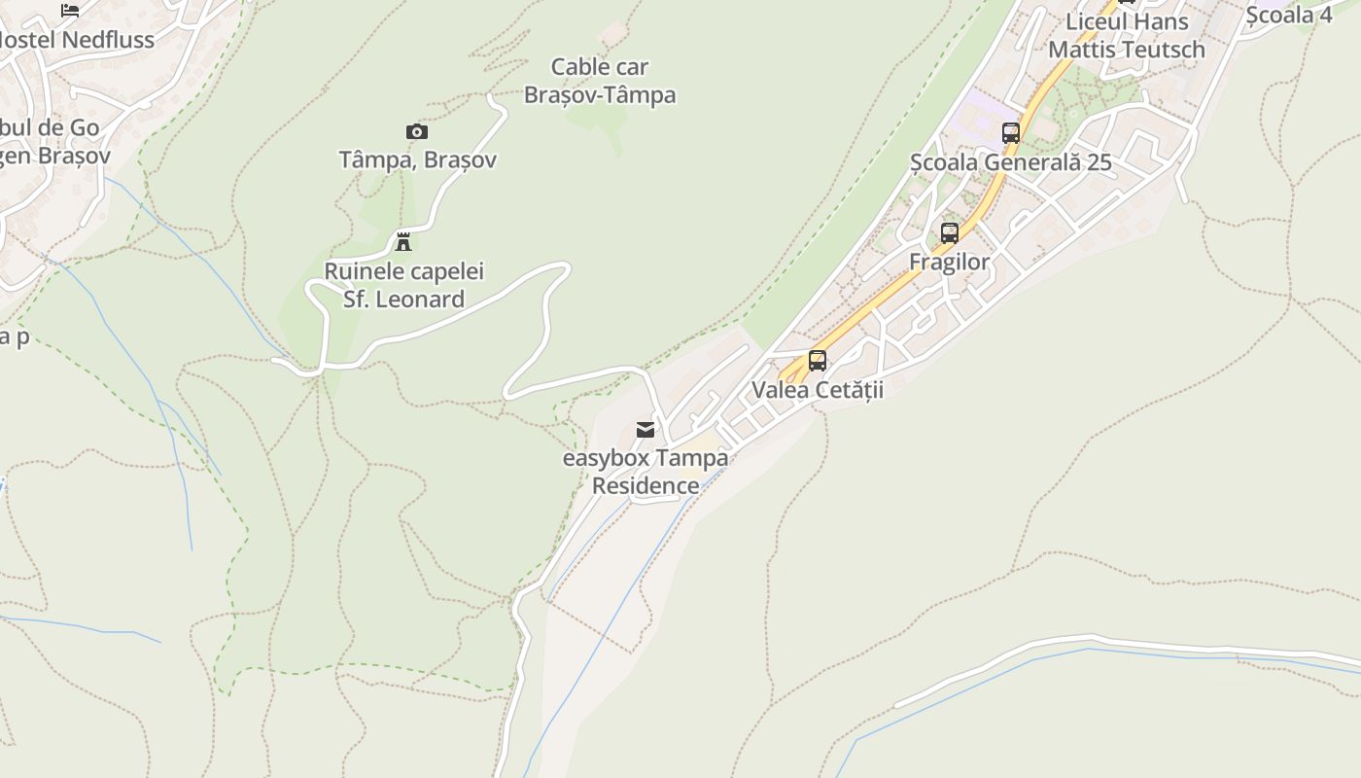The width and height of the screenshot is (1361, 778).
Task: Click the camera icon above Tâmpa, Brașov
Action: point(416,132)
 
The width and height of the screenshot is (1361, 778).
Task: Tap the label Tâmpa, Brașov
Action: point(417,159)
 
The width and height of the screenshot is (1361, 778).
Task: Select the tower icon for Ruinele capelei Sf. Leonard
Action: point(403,241)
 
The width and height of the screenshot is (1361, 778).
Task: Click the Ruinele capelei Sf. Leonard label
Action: point(403,285)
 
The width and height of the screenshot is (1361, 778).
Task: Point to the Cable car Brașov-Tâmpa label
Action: point(600,81)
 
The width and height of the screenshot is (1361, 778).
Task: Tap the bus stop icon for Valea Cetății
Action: point(818,361)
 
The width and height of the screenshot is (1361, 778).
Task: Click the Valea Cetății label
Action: point(818,390)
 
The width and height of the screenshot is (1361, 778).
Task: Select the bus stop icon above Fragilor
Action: point(950,233)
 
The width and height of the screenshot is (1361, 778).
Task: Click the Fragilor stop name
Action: point(950,262)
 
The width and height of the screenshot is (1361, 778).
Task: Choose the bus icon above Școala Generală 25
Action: point(1011,133)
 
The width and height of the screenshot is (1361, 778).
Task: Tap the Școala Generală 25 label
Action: point(1011,161)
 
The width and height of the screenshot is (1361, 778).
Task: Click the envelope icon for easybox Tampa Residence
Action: point(646,429)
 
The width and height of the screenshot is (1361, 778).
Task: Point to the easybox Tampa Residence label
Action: point(646,472)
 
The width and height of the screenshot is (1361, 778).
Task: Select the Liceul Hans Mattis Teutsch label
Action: point(1127,35)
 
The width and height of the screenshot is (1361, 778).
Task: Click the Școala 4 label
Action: point(1290,15)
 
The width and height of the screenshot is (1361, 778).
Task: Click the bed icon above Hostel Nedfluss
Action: point(70,11)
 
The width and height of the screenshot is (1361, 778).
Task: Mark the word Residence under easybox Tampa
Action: point(646,485)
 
